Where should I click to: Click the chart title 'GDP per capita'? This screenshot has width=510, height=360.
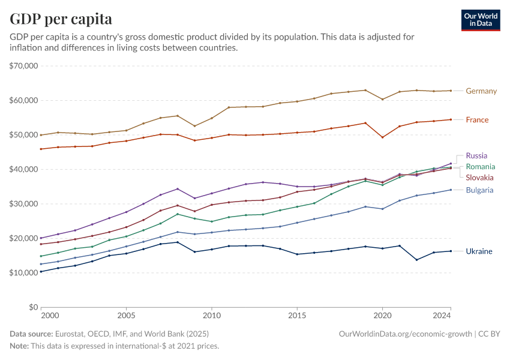(x=61, y=19)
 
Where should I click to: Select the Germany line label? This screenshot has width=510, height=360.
(x=481, y=91)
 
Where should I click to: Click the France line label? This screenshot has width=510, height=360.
(x=477, y=120)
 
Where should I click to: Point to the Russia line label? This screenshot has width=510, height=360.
(x=476, y=156)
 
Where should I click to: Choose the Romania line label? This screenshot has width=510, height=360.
(x=481, y=166)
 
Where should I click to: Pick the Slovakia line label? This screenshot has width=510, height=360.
(x=479, y=178)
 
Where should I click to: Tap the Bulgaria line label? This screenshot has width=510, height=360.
(x=479, y=190)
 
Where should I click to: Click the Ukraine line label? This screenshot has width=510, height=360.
(x=479, y=251)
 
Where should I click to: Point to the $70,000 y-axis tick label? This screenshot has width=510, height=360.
(x=24, y=66)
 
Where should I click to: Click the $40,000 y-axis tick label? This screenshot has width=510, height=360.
(x=24, y=169)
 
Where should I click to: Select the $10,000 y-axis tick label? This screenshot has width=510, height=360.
(x=24, y=272)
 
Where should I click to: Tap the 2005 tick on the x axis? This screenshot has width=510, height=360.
(x=126, y=315)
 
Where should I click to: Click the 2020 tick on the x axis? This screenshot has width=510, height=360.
(x=382, y=315)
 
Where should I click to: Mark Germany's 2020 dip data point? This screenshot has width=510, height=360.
(x=382, y=99)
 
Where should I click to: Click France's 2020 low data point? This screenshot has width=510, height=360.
(x=382, y=137)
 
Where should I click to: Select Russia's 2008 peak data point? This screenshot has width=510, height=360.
(x=178, y=189)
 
